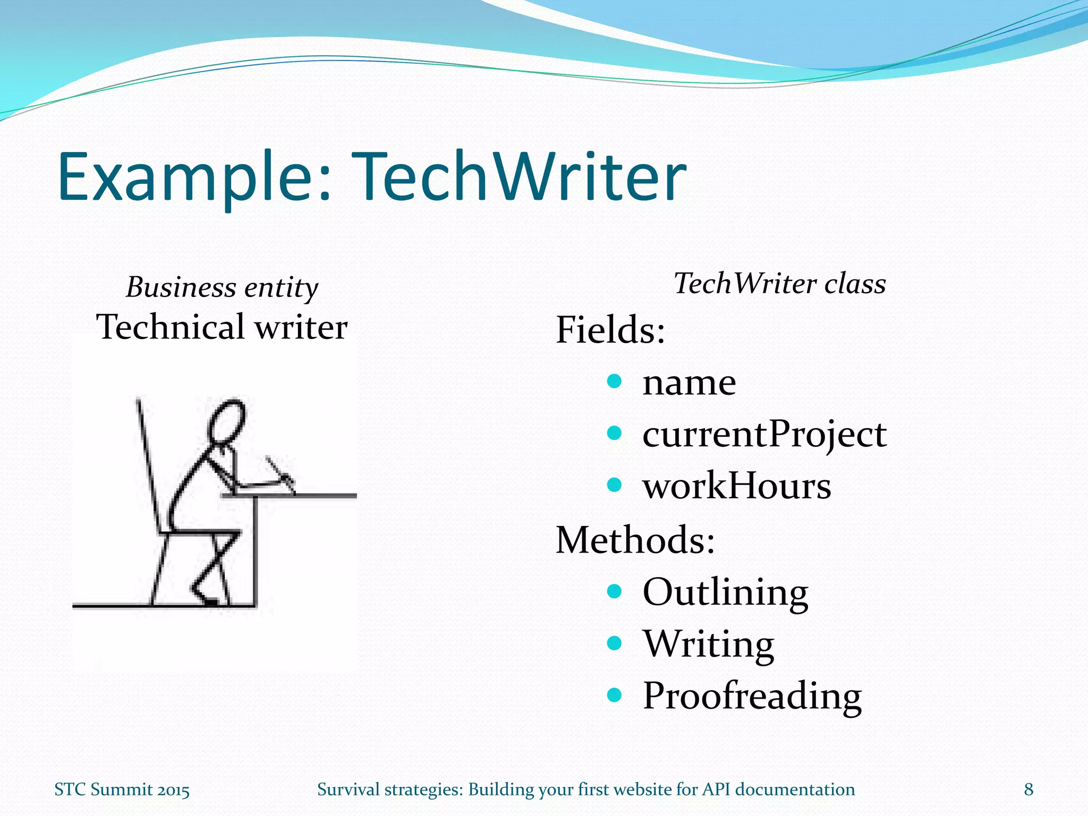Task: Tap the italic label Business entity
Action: [x=222, y=287]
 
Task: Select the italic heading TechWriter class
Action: [x=779, y=283]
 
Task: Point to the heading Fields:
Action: [x=610, y=330]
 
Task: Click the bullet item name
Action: [x=689, y=382]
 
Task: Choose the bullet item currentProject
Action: [x=764, y=435]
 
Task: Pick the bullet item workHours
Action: [x=736, y=486]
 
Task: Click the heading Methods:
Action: [x=635, y=540]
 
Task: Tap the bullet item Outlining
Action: [x=725, y=592]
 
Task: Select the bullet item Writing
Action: [x=709, y=644]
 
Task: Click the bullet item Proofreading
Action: [x=752, y=696]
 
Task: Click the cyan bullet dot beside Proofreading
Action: [x=614, y=694]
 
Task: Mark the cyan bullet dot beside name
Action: [x=614, y=381]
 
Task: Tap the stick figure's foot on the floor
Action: [x=207, y=600]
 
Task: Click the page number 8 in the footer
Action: [x=1028, y=789]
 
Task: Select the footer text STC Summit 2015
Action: [x=122, y=790]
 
